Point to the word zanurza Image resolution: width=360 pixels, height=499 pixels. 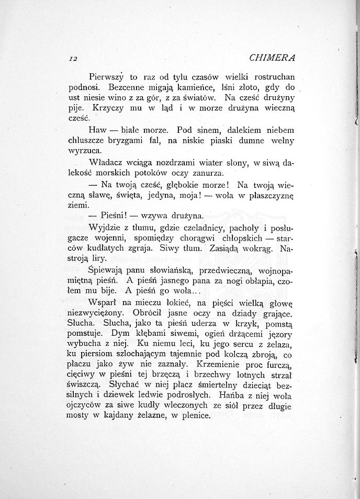pyautogui.click(x=208, y=173)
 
